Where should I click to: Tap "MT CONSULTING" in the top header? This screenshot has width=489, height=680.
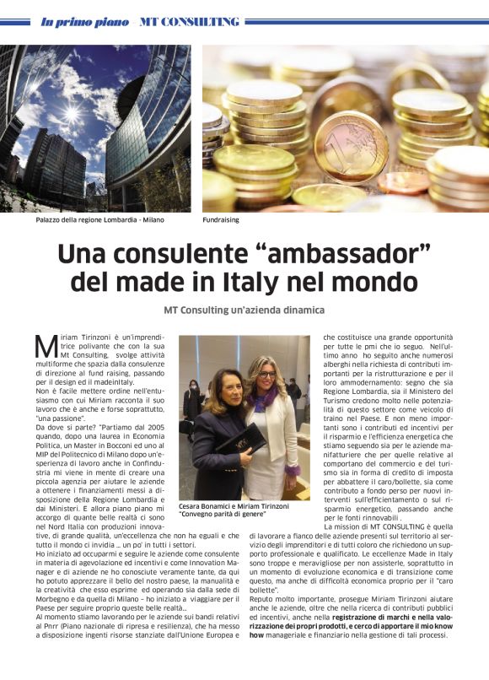pos(190,21)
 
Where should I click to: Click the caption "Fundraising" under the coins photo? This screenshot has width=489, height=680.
pos(221,220)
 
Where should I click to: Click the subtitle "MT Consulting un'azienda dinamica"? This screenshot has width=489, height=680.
pos(244,310)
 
